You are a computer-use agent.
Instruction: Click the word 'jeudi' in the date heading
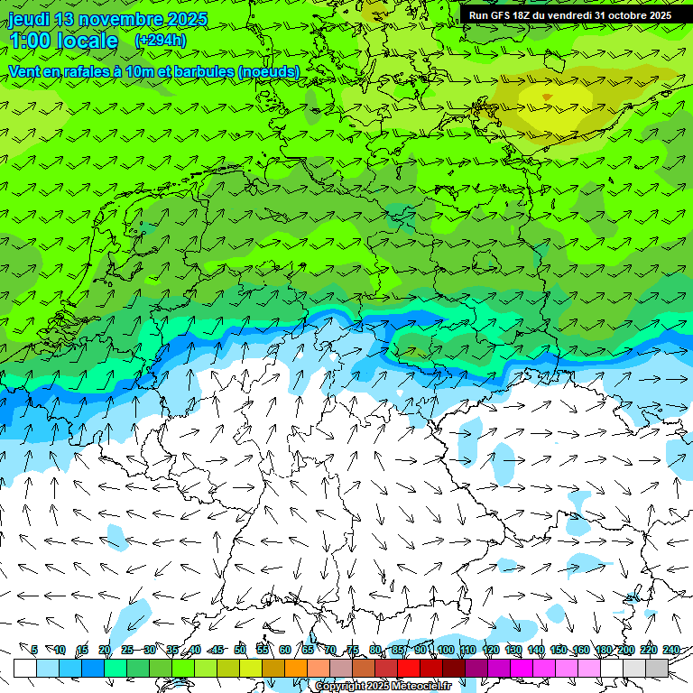pyautogui.click(x=29, y=19)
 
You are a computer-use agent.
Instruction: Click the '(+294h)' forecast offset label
pyautogui.click(x=161, y=41)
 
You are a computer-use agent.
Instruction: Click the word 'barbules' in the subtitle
pyautogui.click(x=203, y=71)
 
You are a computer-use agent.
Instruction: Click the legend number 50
pyautogui.click(x=239, y=650)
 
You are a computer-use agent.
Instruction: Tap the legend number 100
pyautogui.click(x=445, y=650)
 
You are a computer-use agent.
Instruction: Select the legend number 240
pyautogui.click(x=671, y=650)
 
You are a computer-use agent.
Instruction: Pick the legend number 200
pyautogui.click(x=626, y=650)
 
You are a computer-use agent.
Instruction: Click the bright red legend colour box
pyautogui.click(x=408, y=668)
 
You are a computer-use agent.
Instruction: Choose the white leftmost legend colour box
pyautogui.click(x=24, y=668)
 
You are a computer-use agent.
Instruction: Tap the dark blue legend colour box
pyautogui.click(x=92, y=668)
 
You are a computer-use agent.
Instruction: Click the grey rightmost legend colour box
pyautogui.click(x=657, y=668)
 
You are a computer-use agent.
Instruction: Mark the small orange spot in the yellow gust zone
pyautogui.click(x=547, y=96)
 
